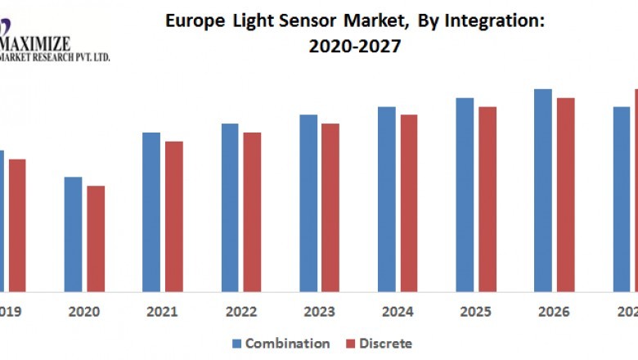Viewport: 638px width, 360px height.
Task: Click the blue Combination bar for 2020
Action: click(73, 234)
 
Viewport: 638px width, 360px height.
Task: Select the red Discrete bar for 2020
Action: click(96, 238)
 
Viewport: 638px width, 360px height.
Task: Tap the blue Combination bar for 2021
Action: click(151, 212)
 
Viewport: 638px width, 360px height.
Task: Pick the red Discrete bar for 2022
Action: click(252, 212)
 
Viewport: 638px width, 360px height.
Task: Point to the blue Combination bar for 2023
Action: click(308, 203)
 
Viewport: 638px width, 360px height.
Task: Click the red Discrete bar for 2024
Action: click(409, 203)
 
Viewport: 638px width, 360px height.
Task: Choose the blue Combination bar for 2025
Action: click(465, 195)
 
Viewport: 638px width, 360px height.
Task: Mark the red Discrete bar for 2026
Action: click(566, 195)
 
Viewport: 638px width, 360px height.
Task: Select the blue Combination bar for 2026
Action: click(543, 190)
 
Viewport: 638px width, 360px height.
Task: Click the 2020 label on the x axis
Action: click(84, 312)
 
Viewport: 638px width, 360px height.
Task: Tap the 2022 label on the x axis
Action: click(241, 312)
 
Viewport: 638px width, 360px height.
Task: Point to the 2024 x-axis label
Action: click(398, 312)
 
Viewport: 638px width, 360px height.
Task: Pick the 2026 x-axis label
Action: click(555, 312)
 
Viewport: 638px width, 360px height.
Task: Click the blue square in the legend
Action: click(237, 344)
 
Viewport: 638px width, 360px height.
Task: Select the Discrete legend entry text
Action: click(385, 344)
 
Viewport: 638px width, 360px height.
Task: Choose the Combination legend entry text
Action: click(287, 344)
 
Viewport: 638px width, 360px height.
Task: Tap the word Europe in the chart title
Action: click(193, 21)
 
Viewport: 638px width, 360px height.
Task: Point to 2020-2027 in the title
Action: click(355, 47)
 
